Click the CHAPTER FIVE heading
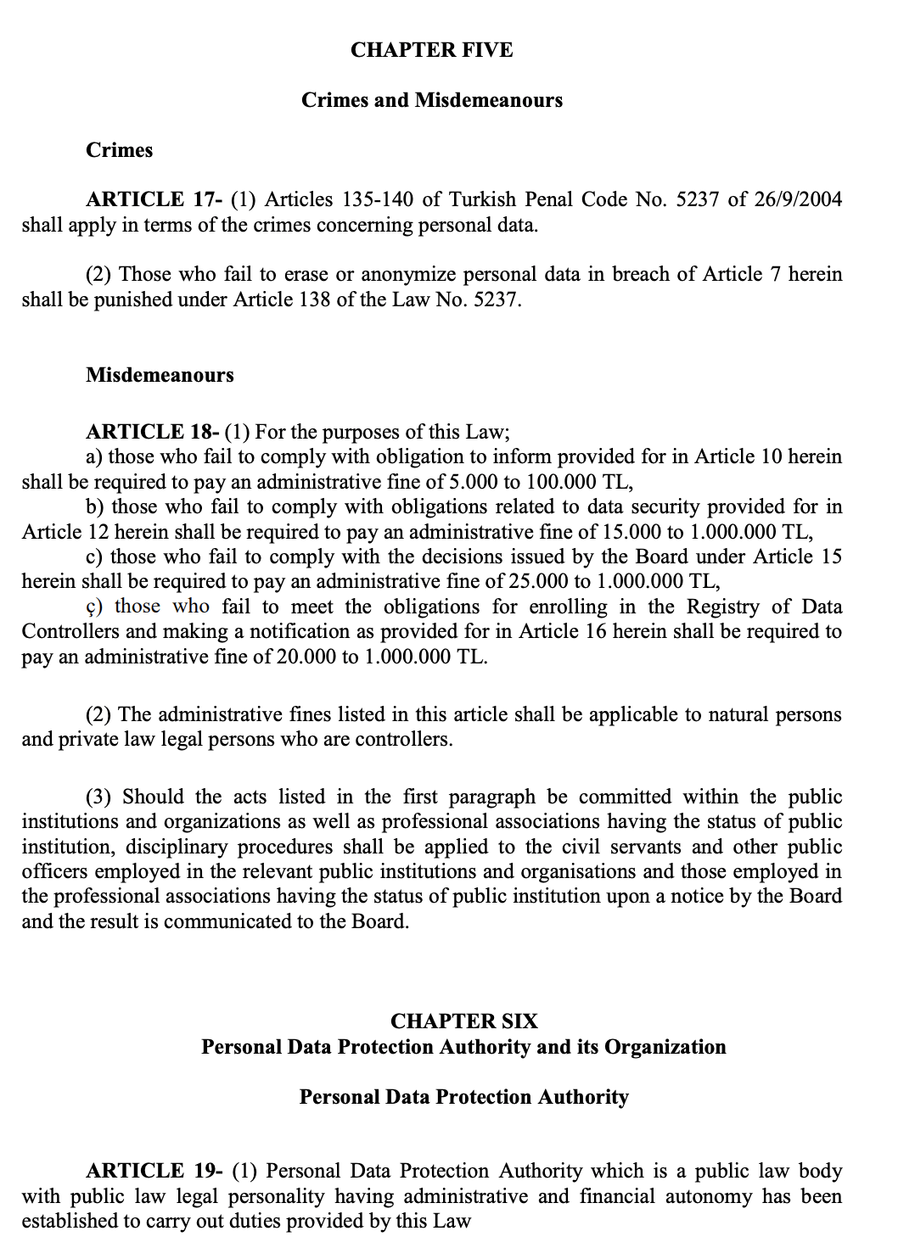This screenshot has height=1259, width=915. tap(431, 50)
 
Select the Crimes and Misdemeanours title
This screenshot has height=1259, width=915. tap(431, 100)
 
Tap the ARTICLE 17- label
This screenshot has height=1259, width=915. tap(154, 199)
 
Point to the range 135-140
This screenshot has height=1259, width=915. tap(378, 199)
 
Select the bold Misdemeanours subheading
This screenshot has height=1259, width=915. tap(160, 375)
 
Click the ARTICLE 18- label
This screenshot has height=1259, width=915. tap(153, 432)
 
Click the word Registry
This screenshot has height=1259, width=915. tap(722, 607)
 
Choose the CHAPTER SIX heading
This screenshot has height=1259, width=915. tap(464, 1021)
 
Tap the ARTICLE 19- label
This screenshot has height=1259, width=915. tap(154, 1172)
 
